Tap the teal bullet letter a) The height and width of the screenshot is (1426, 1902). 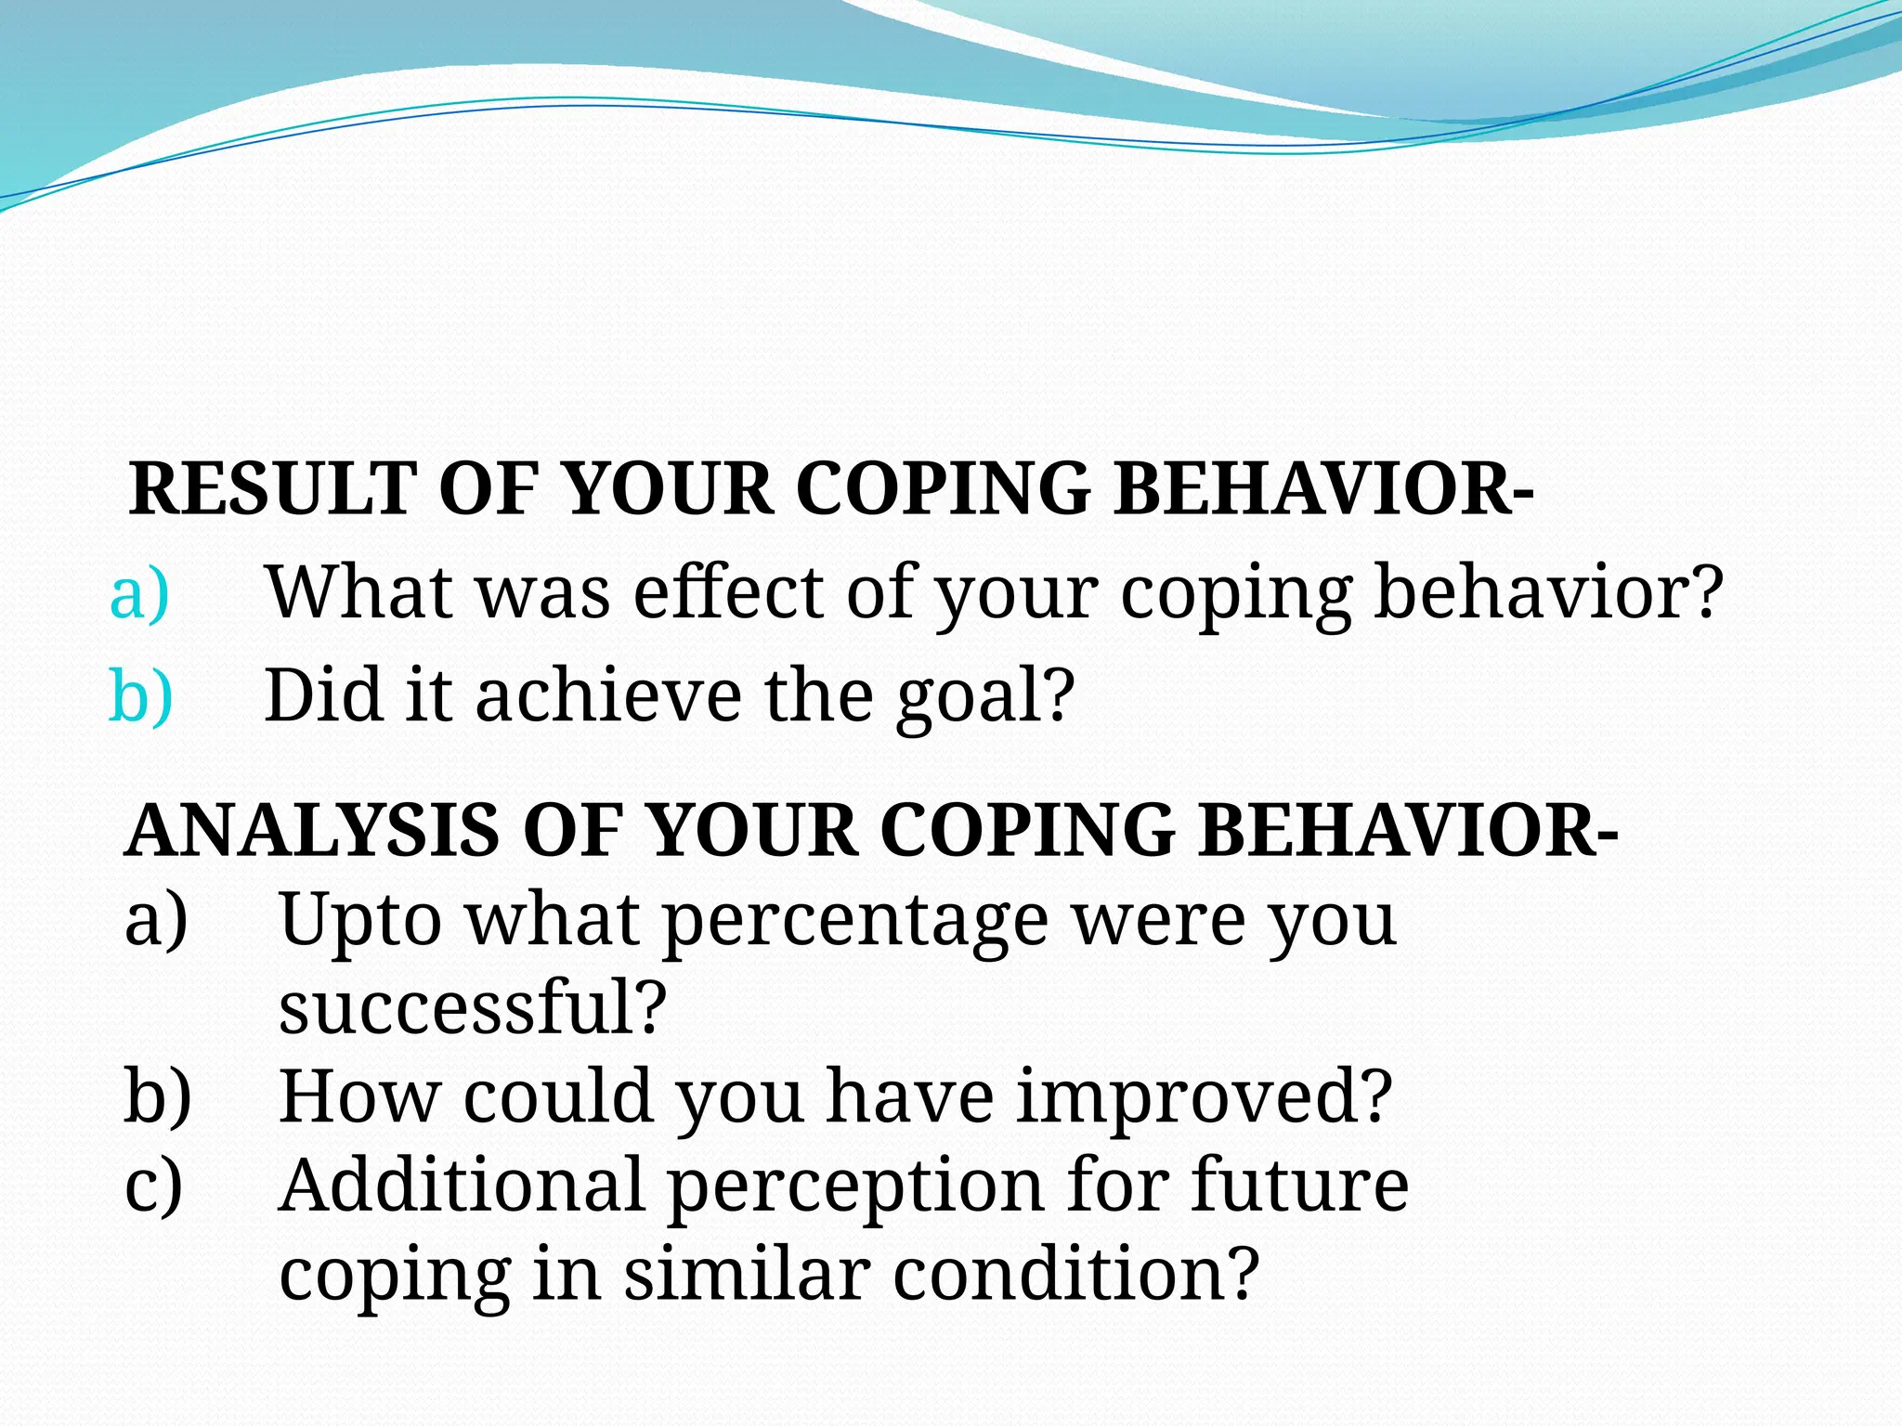139,594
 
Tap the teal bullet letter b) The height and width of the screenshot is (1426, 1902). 140,696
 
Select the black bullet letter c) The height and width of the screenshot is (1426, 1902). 154,1186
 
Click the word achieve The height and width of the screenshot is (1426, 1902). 608,696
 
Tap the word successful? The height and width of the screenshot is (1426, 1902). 473,1008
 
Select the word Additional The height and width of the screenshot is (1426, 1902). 462,1186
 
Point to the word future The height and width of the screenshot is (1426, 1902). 1299,1186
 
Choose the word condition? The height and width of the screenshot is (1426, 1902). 1075,1274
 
